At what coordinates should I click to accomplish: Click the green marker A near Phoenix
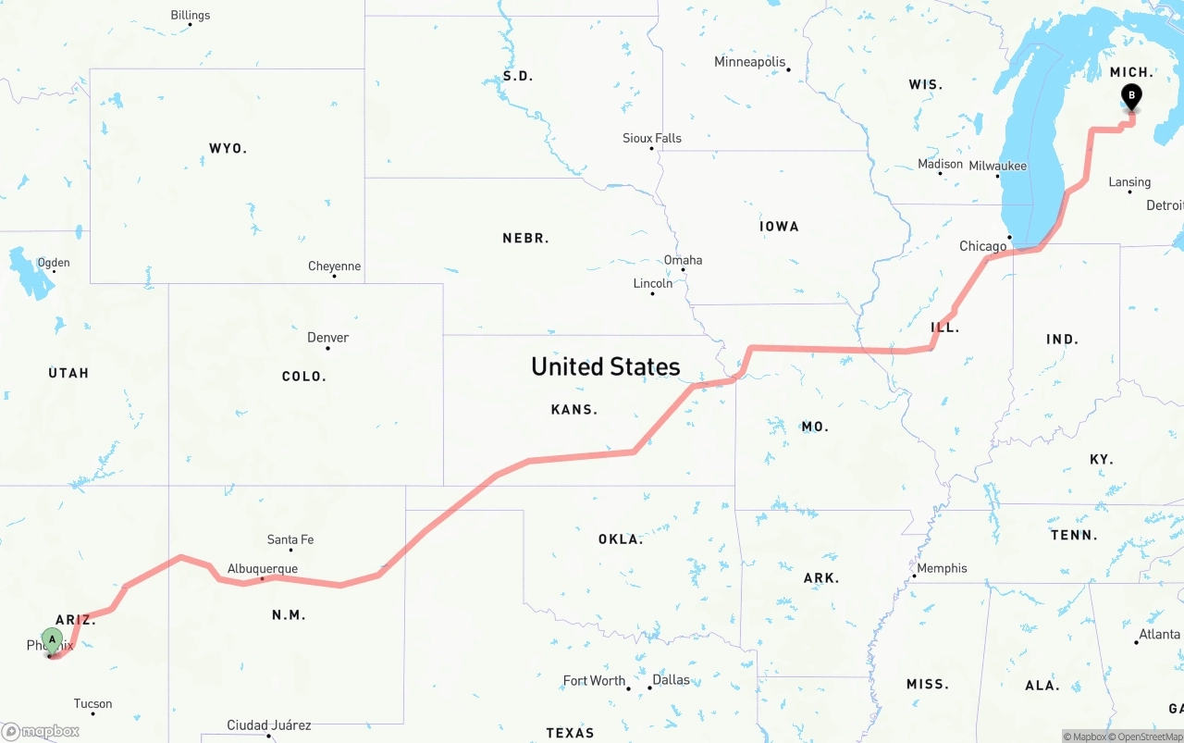pos(53,639)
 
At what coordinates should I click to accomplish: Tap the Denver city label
pos(328,338)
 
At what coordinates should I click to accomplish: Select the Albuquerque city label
pos(263,569)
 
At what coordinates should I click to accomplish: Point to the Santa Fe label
pos(290,539)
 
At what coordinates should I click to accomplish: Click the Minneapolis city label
pos(749,62)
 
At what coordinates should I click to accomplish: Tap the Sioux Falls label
pos(652,138)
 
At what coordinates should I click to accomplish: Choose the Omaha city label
pos(683,260)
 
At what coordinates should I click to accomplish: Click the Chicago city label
pos(982,246)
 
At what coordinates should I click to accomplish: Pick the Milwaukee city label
pos(997,166)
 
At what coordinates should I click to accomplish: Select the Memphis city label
pos(942,568)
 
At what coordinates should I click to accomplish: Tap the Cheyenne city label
pos(334,266)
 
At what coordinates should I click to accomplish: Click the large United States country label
pos(606,366)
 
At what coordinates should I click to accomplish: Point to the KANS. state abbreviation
pos(574,409)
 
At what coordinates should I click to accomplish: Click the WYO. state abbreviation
pos(228,148)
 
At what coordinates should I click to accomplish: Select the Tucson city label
pos(92,704)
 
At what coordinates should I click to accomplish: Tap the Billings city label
pos(191,15)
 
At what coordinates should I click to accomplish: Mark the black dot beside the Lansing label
pos(1129,192)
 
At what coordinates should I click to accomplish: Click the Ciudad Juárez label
pos(269,725)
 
